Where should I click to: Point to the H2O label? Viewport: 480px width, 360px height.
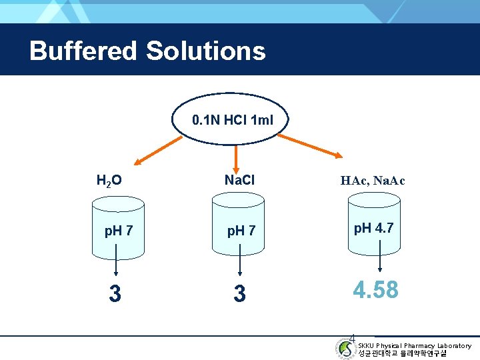109,180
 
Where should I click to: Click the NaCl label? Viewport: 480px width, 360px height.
240,180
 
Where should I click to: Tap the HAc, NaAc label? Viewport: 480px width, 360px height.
373,181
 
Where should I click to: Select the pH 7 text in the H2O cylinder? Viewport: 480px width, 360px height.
119,231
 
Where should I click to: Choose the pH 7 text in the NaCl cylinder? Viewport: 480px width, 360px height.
241,231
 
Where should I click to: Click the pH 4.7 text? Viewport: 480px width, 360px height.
373,228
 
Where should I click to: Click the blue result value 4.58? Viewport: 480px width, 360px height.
375,290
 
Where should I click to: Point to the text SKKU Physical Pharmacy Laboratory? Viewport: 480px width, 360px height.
415,345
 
